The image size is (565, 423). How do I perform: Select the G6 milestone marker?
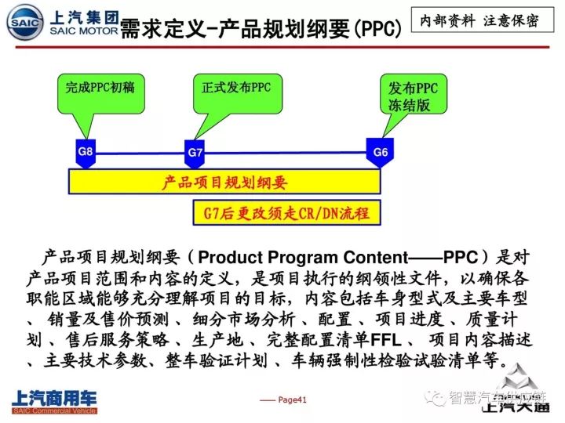[380, 151]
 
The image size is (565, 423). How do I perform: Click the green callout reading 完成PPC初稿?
[100, 88]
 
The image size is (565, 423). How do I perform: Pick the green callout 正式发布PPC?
[231, 88]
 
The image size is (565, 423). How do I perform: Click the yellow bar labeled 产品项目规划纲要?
[224, 183]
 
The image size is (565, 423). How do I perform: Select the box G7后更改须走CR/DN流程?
[286, 212]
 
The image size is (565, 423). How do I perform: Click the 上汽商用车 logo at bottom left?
[53, 399]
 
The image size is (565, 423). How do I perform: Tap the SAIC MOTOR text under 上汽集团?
[83, 31]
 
